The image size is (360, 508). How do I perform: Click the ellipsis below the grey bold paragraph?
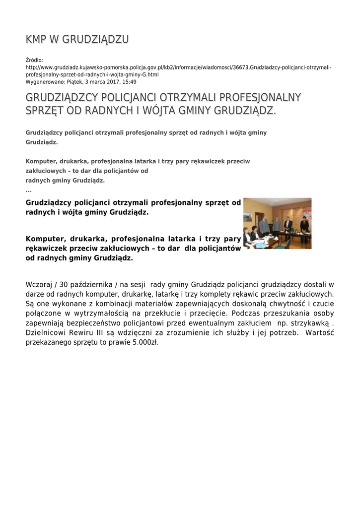click(28, 190)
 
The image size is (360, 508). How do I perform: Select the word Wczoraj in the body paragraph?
click(40, 285)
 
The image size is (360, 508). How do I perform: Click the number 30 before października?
click(63, 285)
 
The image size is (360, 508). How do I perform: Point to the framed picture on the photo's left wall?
click(247, 216)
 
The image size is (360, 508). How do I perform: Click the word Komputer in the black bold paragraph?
click(44, 239)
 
